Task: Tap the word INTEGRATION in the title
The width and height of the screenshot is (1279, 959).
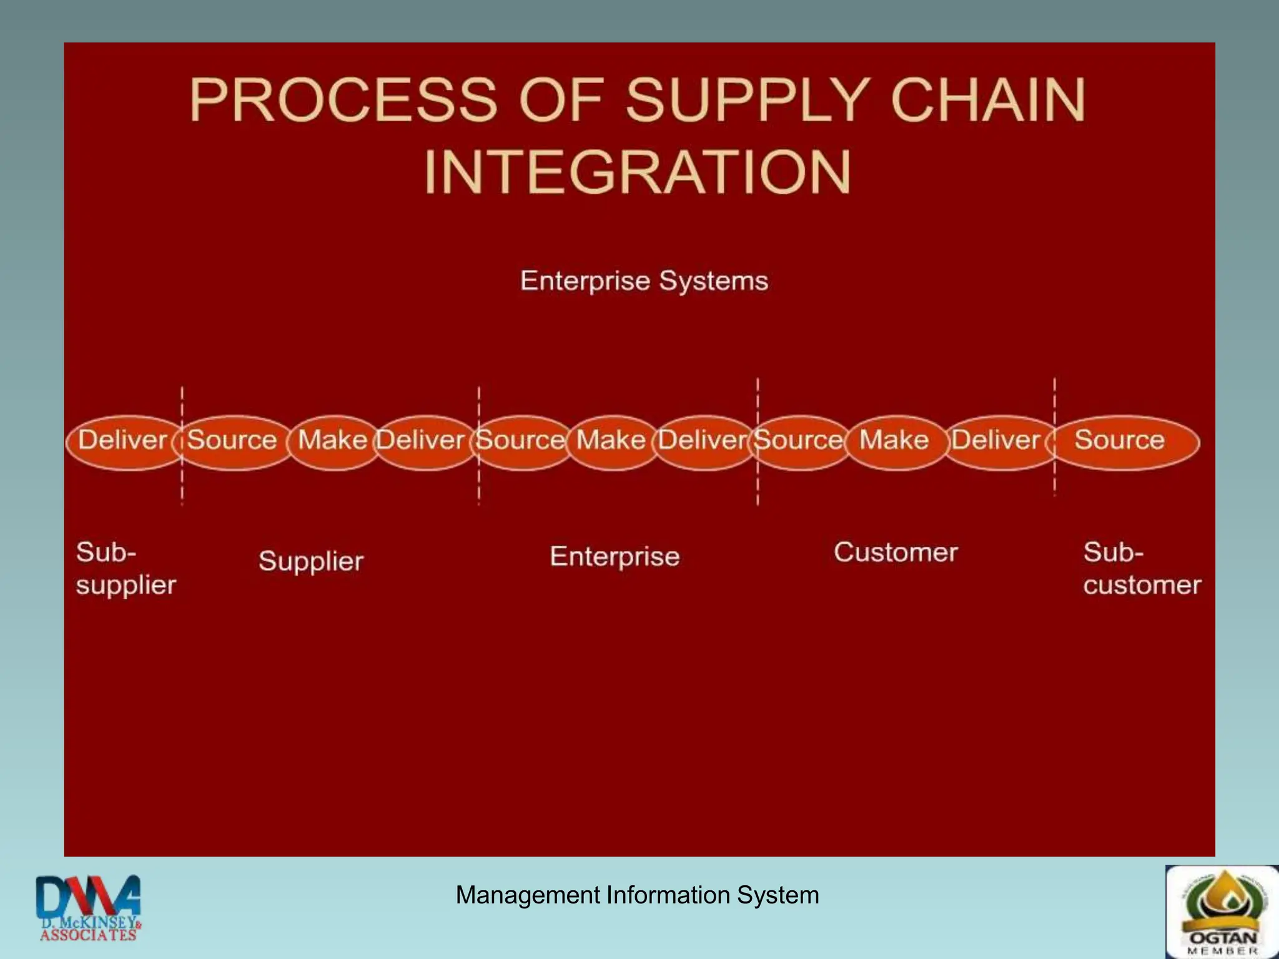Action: pos(637,172)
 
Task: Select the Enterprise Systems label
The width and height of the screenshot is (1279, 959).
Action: pos(644,281)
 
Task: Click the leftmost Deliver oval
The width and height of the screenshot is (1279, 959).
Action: pos(122,441)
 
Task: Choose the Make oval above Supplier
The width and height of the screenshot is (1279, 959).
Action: pos(333,441)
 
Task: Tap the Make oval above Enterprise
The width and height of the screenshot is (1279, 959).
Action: pos(611,441)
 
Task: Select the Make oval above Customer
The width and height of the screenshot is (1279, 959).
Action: pos(894,441)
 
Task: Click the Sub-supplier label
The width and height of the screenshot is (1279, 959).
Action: pos(126,569)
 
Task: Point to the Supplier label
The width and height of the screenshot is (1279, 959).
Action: pos(311,561)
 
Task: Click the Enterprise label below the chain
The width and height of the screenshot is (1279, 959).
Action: pos(615,556)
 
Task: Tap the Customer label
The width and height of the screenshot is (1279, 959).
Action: pos(895,553)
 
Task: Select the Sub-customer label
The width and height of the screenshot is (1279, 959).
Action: pos(1142,569)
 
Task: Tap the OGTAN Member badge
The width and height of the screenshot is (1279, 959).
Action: pos(1222,912)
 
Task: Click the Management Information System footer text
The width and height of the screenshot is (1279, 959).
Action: pos(637,895)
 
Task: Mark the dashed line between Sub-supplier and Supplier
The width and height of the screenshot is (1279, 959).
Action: pos(182,487)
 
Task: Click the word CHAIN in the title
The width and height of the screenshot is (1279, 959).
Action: pos(987,100)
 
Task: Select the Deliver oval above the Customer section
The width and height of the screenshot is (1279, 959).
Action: pos(996,441)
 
